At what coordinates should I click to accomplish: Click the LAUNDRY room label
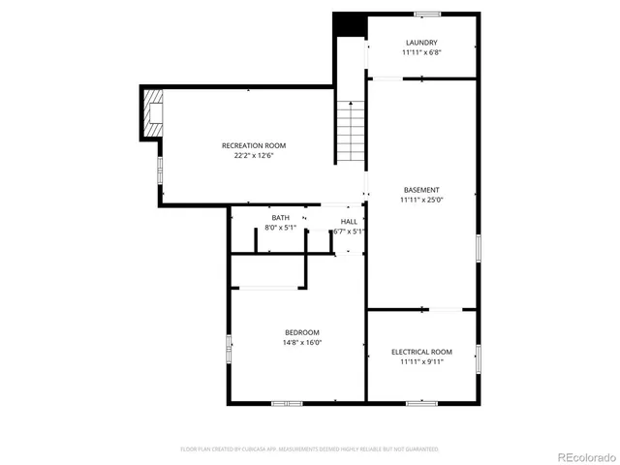[x=421, y=43]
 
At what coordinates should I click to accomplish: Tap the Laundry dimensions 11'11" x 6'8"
[x=421, y=52]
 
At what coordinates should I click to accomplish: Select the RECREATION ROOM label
[x=254, y=145]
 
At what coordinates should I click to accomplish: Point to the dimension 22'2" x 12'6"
[x=254, y=155]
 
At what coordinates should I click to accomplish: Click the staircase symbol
[x=351, y=132]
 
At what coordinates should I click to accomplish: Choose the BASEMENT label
[x=421, y=190]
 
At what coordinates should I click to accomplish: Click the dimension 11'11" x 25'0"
[x=421, y=200]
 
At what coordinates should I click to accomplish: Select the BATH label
[x=280, y=218]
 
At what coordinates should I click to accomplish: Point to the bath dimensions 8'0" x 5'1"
[x=280, y=228]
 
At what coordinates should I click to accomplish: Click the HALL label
[x=349, y=222]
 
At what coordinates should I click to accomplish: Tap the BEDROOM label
[x=301, y=332]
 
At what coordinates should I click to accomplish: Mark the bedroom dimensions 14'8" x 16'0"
[x=301, y=342]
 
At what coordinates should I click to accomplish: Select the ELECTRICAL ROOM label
[x=421, y=352]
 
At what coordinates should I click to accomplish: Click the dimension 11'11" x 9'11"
[x=421, y=361]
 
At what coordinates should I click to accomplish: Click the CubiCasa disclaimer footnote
[x=309, y=449]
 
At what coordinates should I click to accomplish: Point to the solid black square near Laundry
[x=349, y=25]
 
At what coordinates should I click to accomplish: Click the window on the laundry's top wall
[x=427, y=14]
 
